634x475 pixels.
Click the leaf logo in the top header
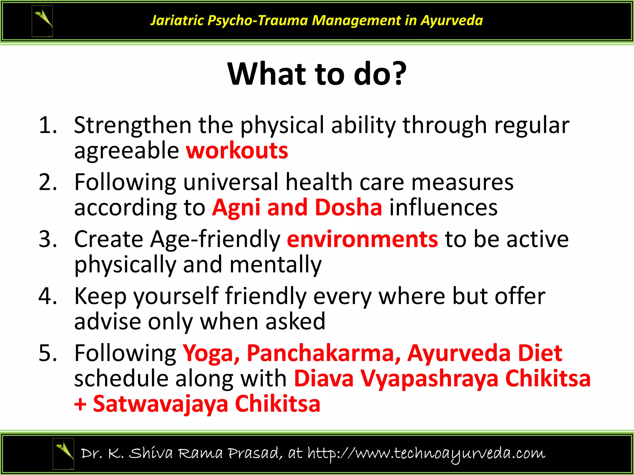tap(42, 21)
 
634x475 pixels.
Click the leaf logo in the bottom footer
tap(63, 453)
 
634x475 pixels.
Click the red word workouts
tap(237, 151)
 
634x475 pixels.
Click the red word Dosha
tap(348, 207)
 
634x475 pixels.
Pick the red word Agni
tap(236, 208)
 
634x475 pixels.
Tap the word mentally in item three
tap(276, 265)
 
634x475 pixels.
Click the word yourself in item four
tap(176, 296)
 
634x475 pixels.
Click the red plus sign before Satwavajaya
tap(80, 404)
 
